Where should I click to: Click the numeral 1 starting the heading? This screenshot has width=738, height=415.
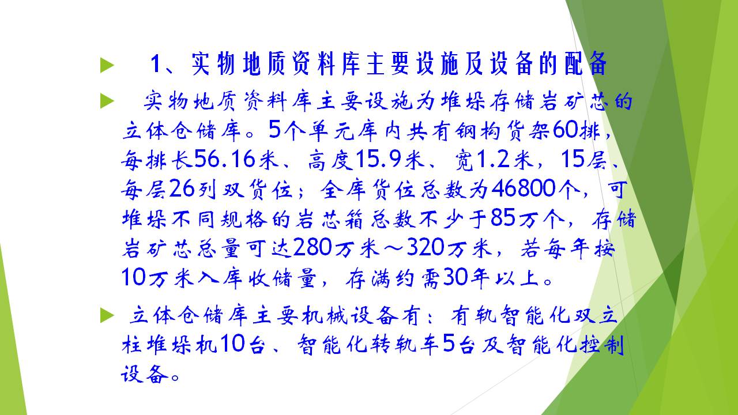(155, 63)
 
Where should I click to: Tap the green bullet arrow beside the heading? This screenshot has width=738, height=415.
(107, 65)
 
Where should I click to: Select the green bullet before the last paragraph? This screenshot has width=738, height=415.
(107, 315)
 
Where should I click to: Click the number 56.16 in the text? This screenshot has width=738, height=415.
(225, 159)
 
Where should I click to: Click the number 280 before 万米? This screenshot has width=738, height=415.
(312, 247)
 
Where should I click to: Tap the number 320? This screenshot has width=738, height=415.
(425, 247)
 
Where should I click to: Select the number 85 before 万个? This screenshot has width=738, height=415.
(502, 218)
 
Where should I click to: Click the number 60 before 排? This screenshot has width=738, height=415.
(566, 130)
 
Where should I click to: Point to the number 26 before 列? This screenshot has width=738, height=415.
(182, 188)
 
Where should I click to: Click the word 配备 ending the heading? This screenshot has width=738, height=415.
(585, 63)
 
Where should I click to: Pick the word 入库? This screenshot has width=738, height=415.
(220, 277)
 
